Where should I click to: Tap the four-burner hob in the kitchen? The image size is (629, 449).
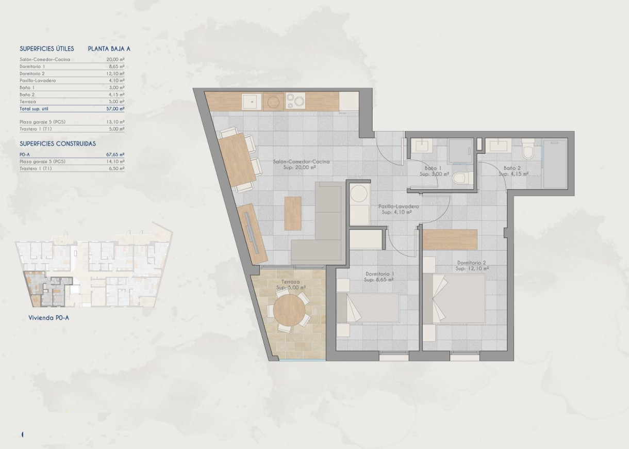point(295,101)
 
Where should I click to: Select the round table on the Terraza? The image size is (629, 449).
point(289,309)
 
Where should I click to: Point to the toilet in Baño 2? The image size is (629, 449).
point(527,150)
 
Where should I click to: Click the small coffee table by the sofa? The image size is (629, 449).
point(293,213)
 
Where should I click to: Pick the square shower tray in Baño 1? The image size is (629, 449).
point(459,151)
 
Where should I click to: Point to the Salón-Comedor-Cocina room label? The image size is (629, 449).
point(302,162)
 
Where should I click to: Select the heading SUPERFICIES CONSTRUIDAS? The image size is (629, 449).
point(58,144)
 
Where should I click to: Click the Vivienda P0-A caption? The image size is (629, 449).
point(49,318)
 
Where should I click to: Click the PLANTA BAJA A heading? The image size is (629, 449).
point(109,49)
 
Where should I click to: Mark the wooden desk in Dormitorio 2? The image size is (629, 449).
point(451,239)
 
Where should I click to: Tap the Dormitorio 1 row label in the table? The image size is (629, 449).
point(32,67)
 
